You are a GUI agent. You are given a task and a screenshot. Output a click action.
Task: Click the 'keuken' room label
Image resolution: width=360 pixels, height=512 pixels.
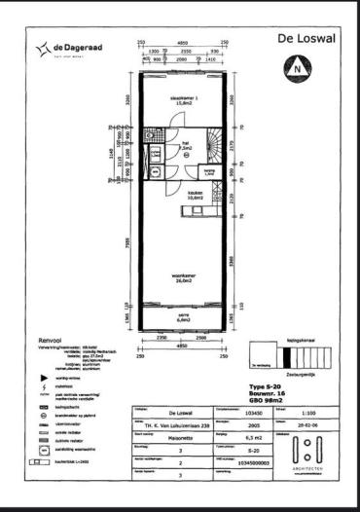[x=197, y=193]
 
